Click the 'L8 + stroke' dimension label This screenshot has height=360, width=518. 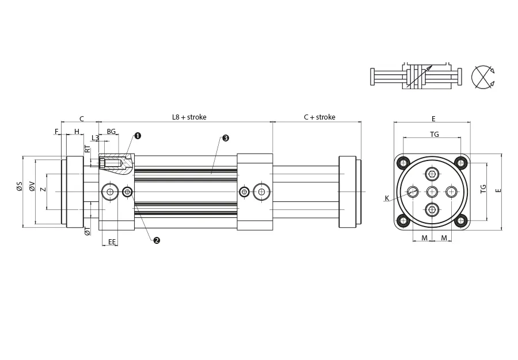click(189, 117)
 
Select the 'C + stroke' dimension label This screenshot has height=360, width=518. click(319, 117)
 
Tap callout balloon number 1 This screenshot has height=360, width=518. click(138, 136)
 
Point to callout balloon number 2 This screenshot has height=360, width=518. click(156, 240)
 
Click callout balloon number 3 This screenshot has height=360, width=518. click(226, 138)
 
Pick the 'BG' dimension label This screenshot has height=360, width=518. click(111, 132)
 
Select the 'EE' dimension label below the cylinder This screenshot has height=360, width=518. click(112, 242)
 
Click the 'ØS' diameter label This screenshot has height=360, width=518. click(19, 187)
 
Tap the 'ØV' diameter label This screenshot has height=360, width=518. click(32, 187)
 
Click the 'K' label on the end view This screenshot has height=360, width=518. click(387, 198)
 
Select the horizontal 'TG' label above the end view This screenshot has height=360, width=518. click(435, 134)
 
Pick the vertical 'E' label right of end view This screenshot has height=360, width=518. click(498, 190)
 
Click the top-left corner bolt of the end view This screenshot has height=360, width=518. click(403, 162)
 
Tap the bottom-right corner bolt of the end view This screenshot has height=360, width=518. click(460, 220)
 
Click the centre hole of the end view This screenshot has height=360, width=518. click(432, 191)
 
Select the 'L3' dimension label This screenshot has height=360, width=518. click(95, 138)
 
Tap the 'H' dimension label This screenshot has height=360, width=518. click(77, 132)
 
